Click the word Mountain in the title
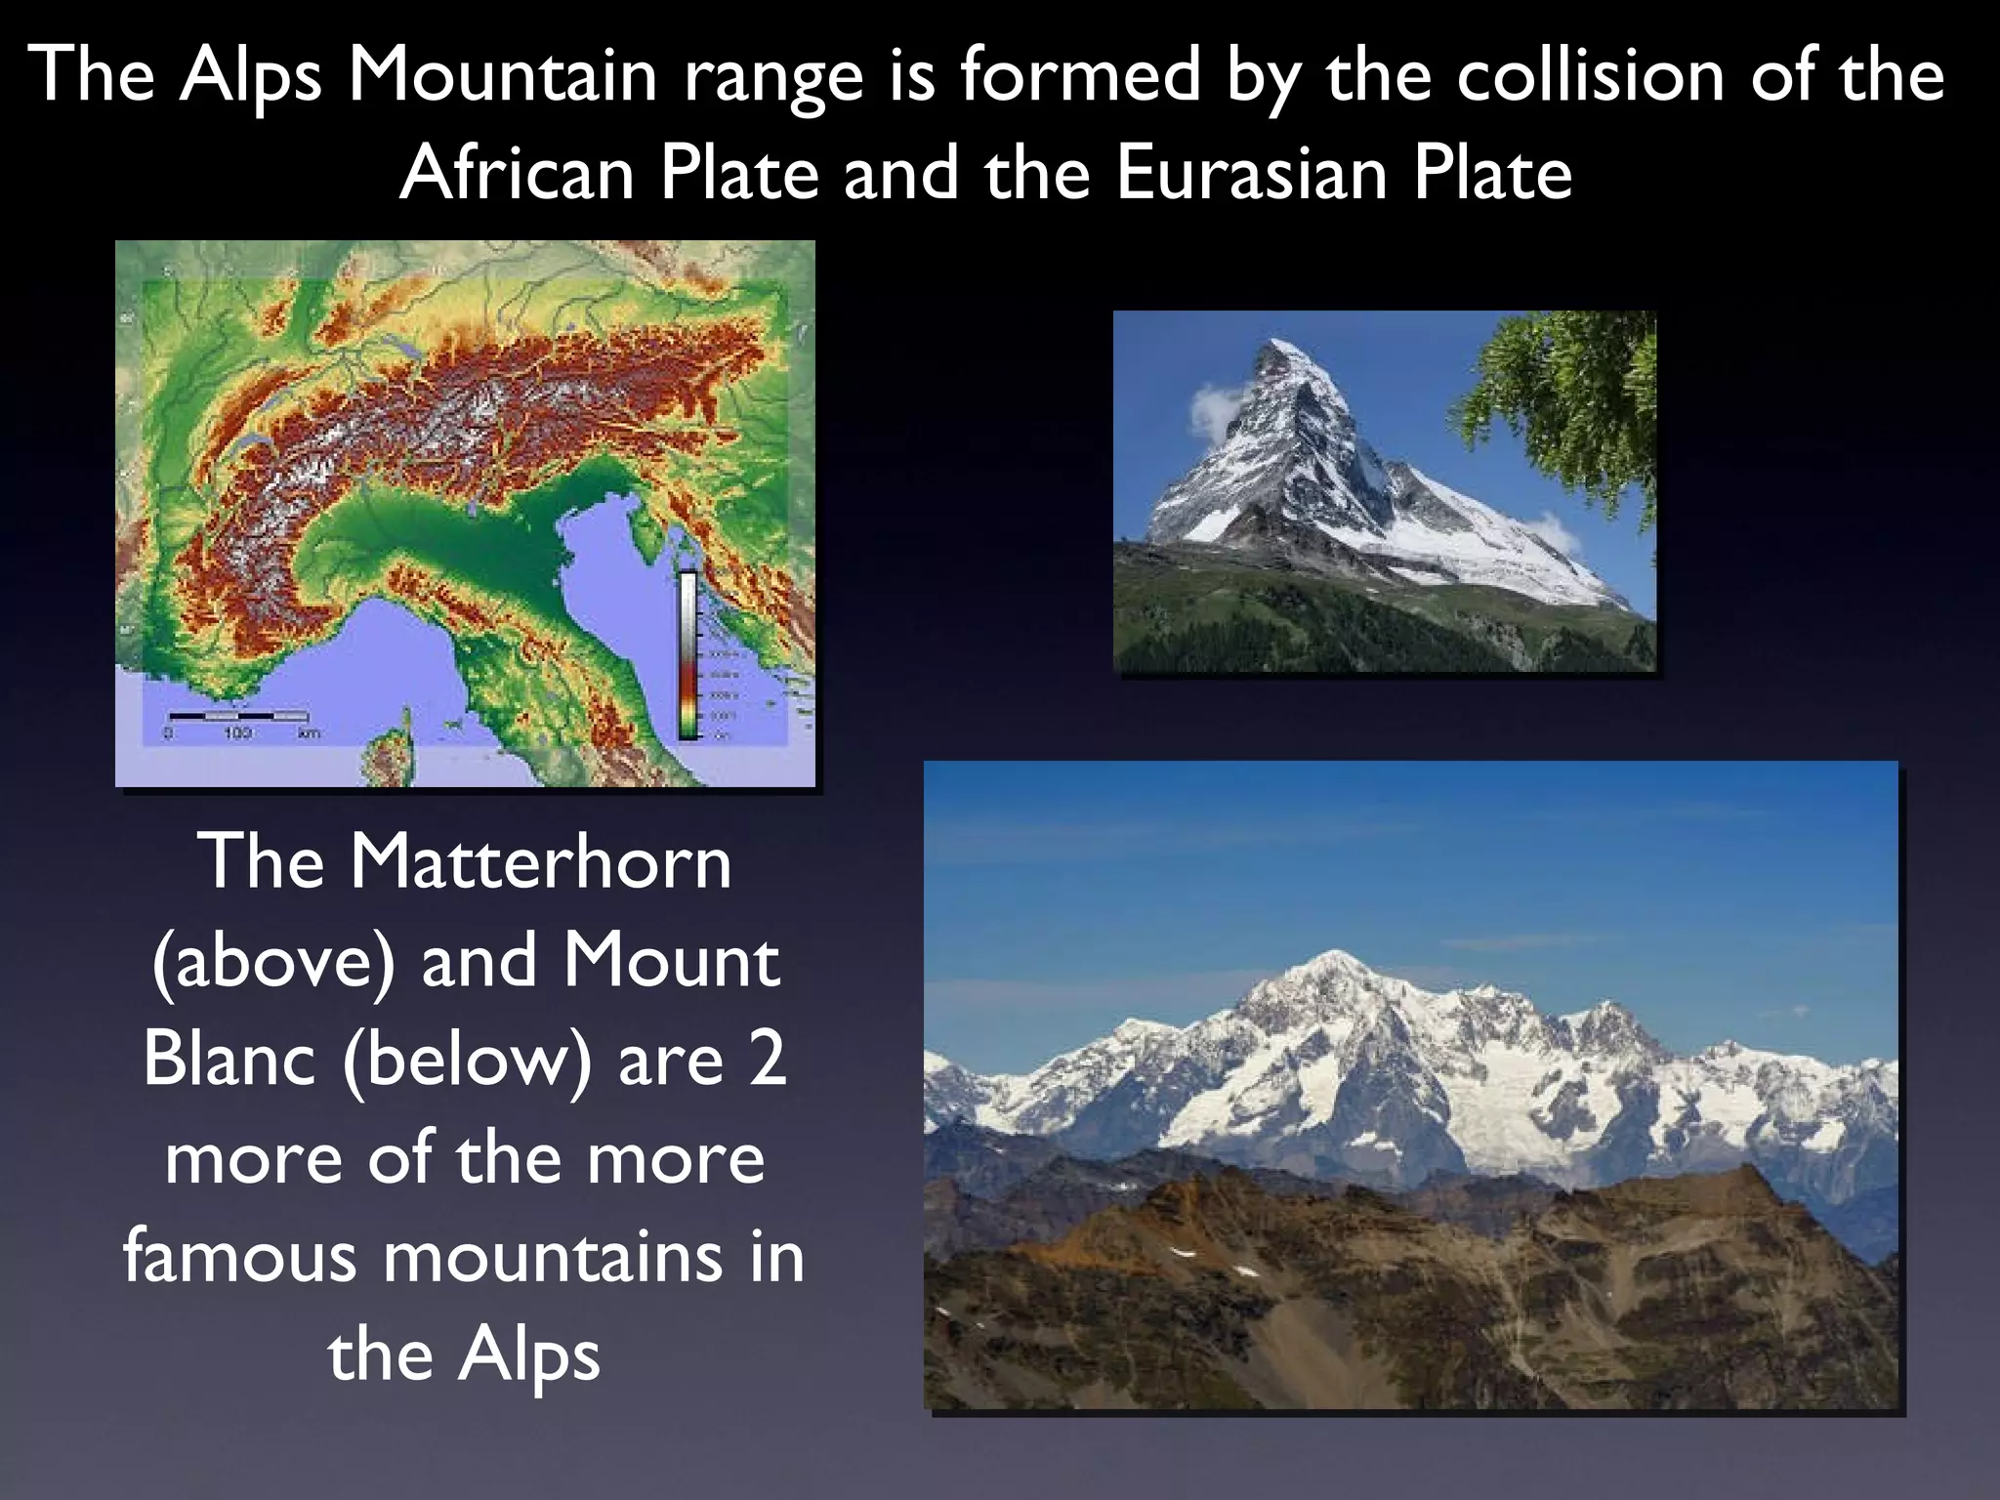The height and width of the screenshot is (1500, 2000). [502, 74]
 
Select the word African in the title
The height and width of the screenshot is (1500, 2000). [517, 173]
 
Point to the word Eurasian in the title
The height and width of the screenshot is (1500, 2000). [1251, 173]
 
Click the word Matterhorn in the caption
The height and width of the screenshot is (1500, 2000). [540, 861]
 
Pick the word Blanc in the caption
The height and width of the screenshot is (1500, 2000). [229, 1059]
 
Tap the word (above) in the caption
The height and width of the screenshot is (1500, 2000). [274, 962]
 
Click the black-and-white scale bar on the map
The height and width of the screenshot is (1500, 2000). [238, 716]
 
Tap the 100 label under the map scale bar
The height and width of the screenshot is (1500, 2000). [237, 733]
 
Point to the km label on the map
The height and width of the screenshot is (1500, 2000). [309, 733]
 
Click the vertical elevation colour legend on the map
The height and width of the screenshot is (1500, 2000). [688, 654]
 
